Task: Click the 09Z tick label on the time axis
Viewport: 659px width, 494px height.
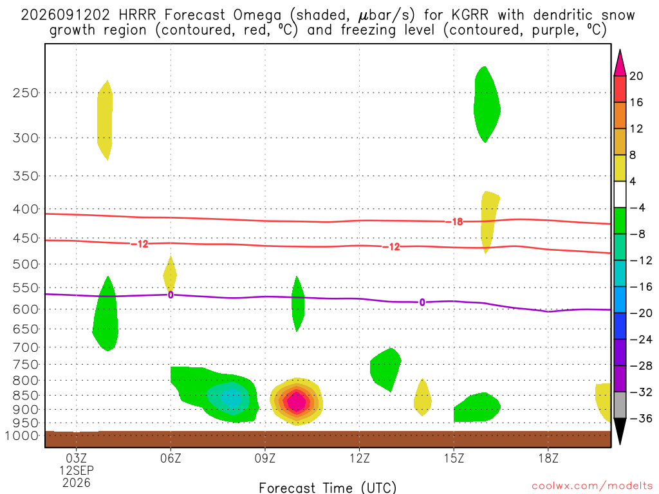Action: click(x=265, y=458)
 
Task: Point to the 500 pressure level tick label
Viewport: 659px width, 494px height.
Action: click(x=26, y=264)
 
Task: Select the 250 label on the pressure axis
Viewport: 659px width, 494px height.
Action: click(x=26, y=93)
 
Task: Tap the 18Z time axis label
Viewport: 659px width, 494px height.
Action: click(x=548, y=458)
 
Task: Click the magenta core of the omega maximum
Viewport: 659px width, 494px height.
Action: click(x=297, y=402)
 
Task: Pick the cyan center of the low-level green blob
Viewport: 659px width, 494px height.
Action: click(x=231, y=398)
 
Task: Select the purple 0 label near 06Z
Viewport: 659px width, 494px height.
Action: click(x=170, y=295)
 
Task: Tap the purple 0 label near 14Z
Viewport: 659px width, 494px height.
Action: click(x=422, y=302)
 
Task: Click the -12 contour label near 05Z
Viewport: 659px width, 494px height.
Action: click(x=140, y=244)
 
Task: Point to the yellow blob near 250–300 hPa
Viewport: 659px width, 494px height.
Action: click(x=105, y=120)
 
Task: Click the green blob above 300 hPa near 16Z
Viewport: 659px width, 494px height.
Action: click(x=487, y=105)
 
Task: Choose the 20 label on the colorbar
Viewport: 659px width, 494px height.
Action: click(x=636, y=76)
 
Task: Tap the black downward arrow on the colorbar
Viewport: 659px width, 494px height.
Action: click(x=620, y=431)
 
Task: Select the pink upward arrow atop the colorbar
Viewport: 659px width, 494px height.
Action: click(x=620, y=63)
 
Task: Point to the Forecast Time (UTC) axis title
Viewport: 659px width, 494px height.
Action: click(x=328, y=488)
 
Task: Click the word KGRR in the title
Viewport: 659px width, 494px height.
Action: click(x=470, y=15)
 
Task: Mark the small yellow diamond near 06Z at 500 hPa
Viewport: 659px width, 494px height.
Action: click(x=170, y=273)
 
